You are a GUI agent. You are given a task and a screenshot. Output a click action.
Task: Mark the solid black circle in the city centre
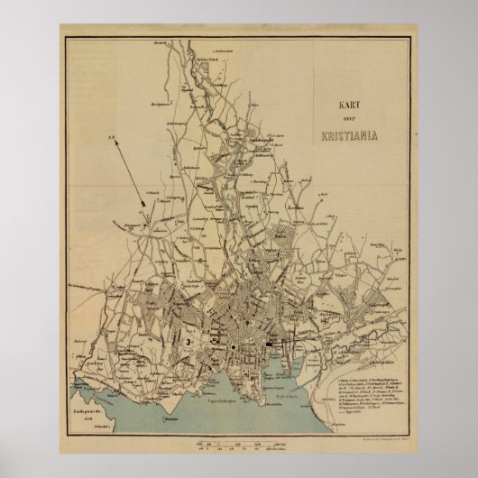point(234,323)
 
